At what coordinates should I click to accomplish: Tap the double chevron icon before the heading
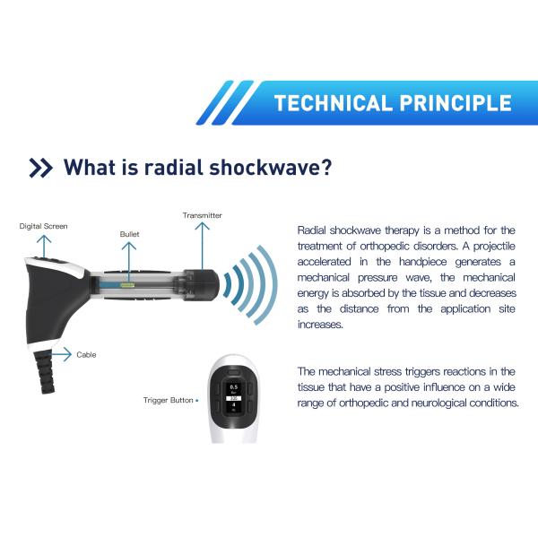pos(40,168)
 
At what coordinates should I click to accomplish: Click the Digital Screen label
pos(43,226)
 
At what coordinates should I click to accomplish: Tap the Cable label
pos(87,355)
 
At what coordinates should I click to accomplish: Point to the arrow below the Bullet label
pos(129,260)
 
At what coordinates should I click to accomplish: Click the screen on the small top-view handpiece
pos(233,398)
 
